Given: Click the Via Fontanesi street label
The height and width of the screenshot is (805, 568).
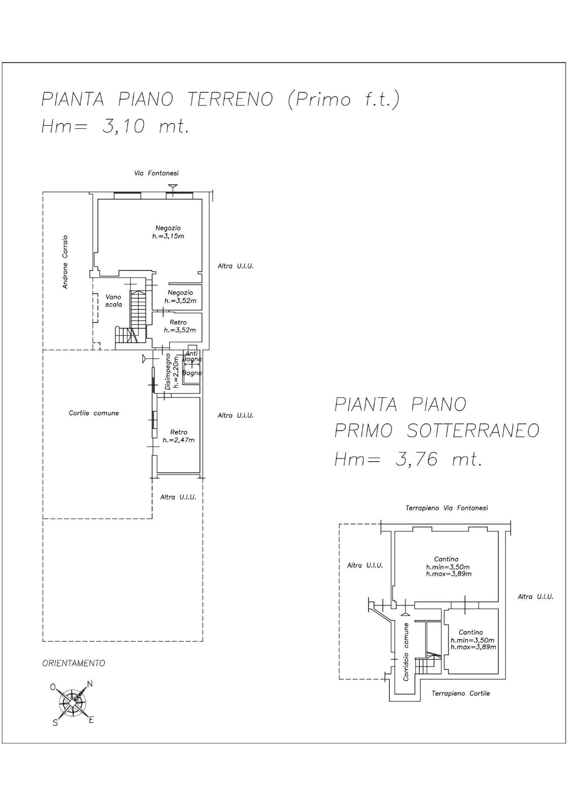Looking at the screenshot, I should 156,173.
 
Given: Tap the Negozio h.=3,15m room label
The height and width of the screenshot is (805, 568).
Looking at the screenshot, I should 168,232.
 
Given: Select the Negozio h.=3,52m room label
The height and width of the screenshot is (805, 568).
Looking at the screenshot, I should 180,297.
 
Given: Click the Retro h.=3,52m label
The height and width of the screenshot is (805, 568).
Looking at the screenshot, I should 179,326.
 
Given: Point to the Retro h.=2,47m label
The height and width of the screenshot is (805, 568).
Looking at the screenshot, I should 179,436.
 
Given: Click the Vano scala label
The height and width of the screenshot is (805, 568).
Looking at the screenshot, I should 113,301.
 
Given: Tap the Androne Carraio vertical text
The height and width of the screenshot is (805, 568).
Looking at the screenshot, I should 65,261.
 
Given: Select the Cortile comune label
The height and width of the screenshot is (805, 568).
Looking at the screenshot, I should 94,413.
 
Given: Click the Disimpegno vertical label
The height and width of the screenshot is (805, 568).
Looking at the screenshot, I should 169,371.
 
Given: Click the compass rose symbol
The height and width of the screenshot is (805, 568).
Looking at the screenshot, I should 73,701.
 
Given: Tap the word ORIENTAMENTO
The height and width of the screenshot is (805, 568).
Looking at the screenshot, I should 74,663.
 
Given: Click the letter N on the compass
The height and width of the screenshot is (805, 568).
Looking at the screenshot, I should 89,684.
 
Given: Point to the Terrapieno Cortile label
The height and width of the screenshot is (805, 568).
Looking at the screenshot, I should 460,693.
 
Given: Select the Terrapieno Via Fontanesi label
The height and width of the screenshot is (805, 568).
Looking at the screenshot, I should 446,508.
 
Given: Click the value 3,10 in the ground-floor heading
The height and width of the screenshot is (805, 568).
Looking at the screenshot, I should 123,127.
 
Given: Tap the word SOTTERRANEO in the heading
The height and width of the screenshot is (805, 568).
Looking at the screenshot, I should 473,430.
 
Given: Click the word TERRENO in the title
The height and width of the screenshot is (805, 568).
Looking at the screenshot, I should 230,99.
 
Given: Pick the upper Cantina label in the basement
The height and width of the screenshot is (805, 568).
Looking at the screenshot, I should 446,559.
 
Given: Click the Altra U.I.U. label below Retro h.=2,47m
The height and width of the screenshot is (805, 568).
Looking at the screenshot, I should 178,497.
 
